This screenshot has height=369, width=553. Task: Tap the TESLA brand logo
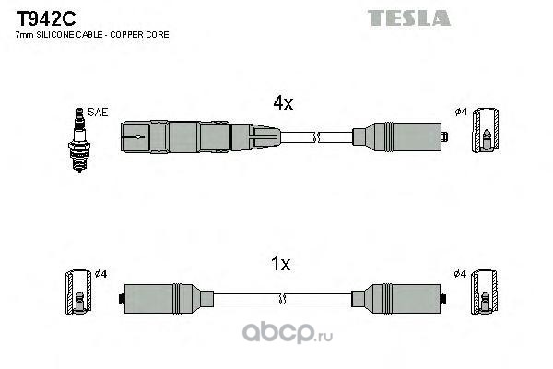[409, 18]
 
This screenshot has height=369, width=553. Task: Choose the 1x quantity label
[281, 264]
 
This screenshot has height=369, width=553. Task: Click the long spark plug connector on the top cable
[198, 138]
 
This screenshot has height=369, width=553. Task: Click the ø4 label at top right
[462, 113]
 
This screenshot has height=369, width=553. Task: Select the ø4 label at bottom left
[101, 273]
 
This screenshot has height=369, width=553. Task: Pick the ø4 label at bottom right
[462, 273]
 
